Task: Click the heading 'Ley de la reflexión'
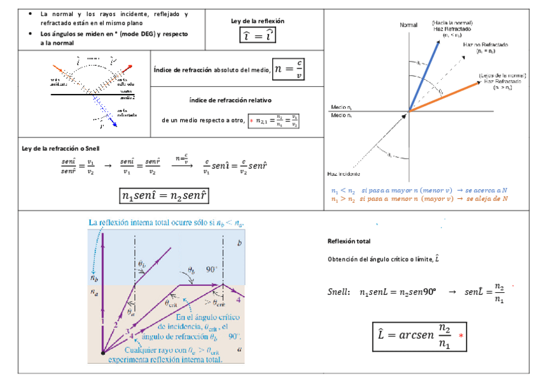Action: coord(258,21)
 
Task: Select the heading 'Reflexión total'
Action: coord(349,241)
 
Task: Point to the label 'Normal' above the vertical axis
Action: coord(408,25)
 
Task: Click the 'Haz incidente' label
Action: coord(343,174)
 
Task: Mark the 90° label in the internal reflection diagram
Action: coord(212,270)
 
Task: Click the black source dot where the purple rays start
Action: coord(102,352)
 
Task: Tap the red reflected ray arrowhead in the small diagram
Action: coord(130,66)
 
